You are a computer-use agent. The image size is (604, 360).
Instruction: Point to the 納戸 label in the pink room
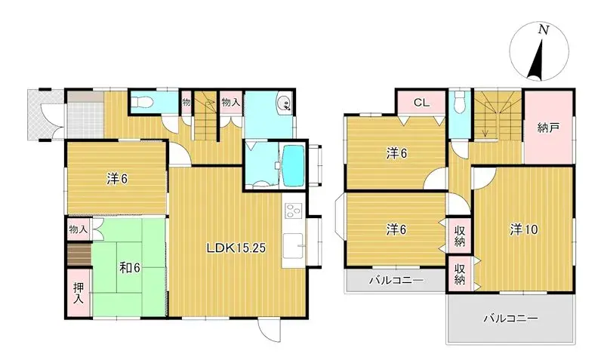[549, 128]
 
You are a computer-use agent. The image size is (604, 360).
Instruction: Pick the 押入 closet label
[79, 294]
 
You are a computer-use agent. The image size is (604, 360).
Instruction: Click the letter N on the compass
[542, 31]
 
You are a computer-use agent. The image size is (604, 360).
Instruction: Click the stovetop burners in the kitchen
[293, 211]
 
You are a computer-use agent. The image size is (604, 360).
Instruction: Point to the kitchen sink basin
[293, 247]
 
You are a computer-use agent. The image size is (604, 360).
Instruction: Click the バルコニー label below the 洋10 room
[510, 318]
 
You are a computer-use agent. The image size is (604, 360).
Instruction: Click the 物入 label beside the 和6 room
[78, 229]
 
